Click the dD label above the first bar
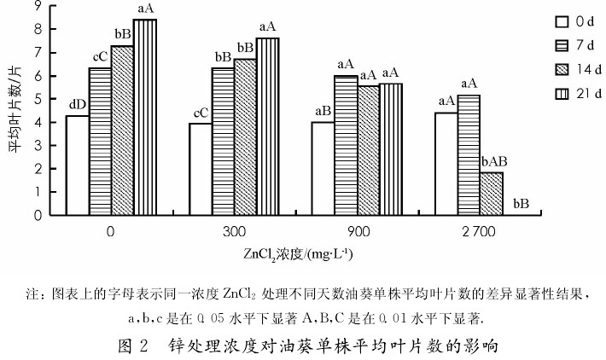tap(77, 105)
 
